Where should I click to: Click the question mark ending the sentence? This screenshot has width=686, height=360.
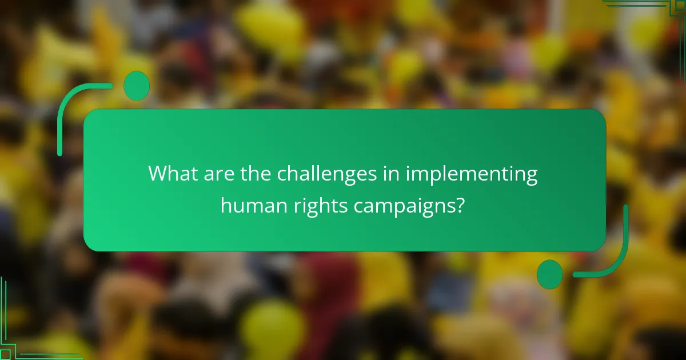point(458,205)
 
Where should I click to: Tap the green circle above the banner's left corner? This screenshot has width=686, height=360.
point(137,86)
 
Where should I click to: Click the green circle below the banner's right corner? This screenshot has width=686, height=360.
point(550,274)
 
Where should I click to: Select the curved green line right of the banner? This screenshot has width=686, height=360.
point(617,251)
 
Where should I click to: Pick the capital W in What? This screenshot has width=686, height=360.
point(157,174)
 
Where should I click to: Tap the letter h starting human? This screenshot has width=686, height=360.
point(226,205)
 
